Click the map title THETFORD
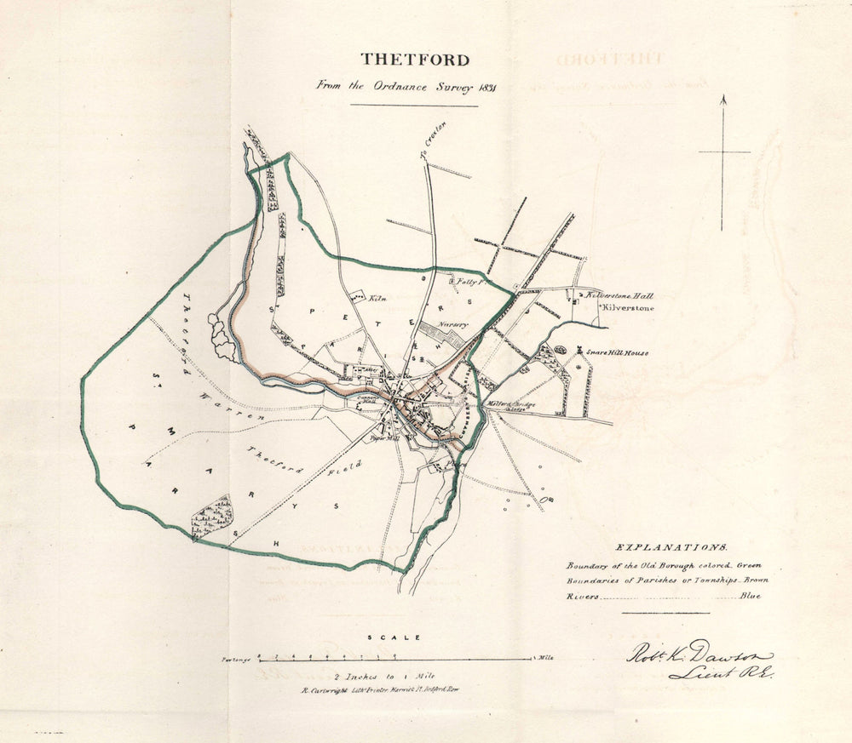tap(414, 60)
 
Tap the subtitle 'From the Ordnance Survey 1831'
tap(406, 86)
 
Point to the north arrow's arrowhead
tap(722, 100)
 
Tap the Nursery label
tap(453, 324)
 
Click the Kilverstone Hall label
tap(619, 296)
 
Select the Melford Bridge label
tap(510, 404)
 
